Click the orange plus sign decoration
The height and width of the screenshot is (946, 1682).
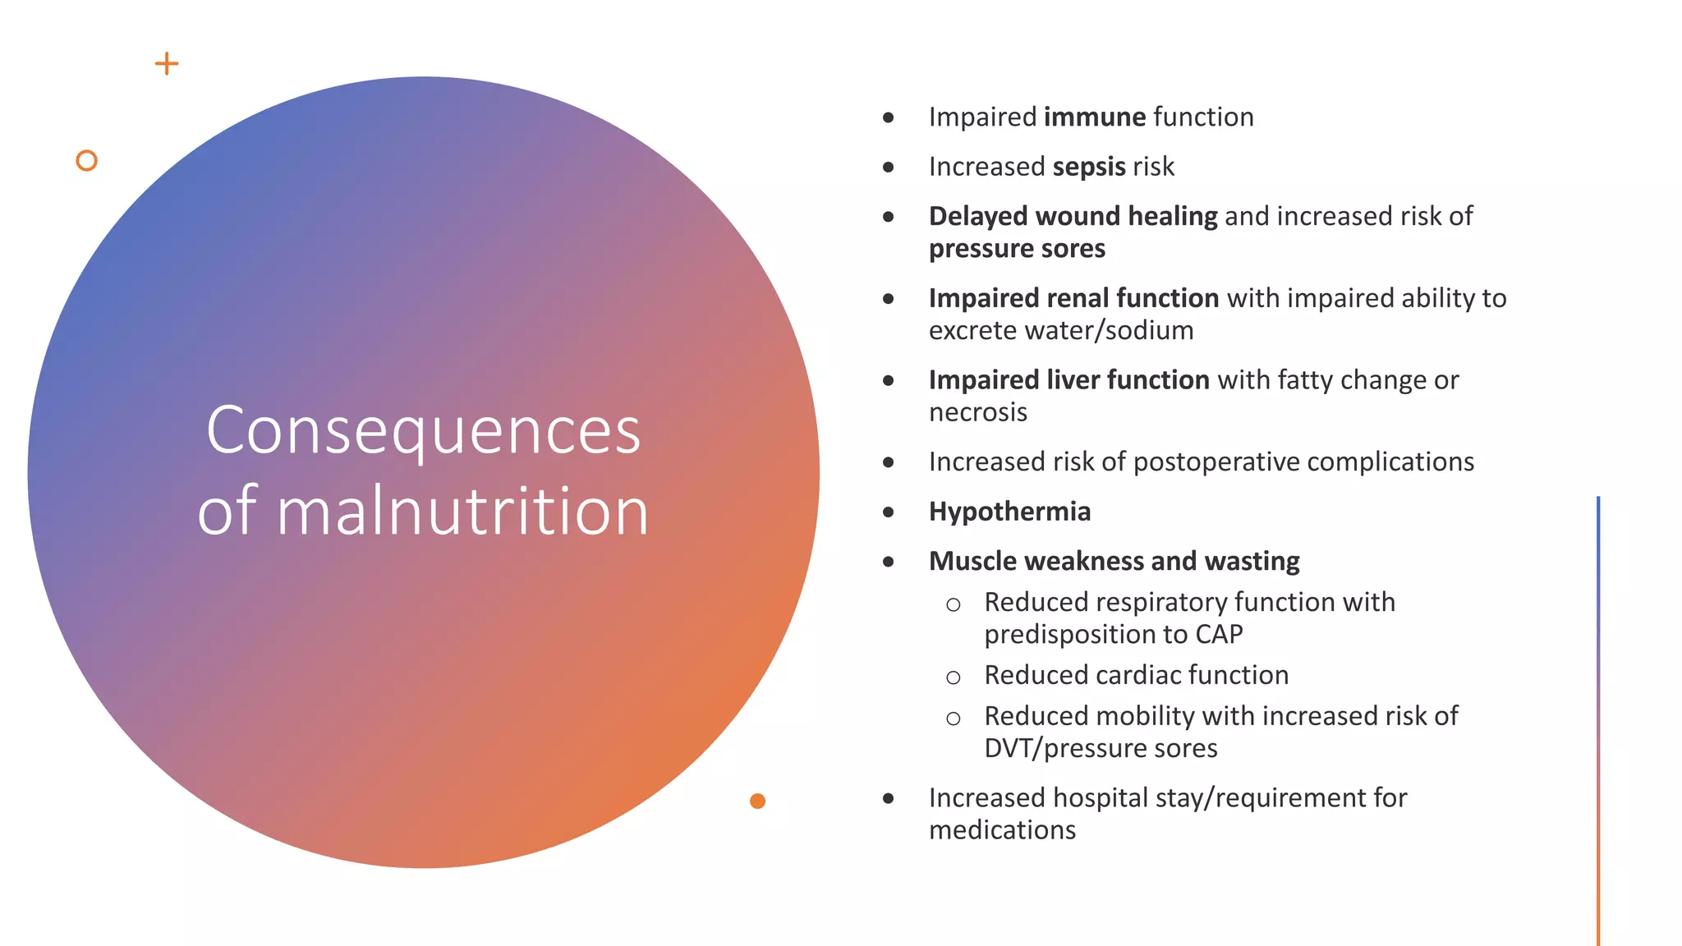pyautogui.click(x=167, y=64)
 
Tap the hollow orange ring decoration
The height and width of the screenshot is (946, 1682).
pyautogui.click(x=86, y=161)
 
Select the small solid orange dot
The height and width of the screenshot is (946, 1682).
pyautogui.click(x=757, y=801)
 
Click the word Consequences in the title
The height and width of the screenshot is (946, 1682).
pyautogui.click(x=423, y=430)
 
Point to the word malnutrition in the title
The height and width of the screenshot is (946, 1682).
pyautogui.click(x=462, y=512)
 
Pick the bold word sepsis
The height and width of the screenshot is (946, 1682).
pyautogui.click(x=1088, y=167)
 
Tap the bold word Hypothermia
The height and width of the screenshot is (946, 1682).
pyautogui.click(x=1009, y=512)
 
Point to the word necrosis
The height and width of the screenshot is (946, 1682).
pyautogui.click(x=977, y=412)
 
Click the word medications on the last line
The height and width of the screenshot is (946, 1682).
pyautogui.click(x=1002, y=830)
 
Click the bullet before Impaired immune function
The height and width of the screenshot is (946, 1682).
pyautogui.click(x=888, y=118)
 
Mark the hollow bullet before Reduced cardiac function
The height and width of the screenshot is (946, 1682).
pyautogui.click(x=953, y=677)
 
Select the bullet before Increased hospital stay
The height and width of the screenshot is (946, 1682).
pyautogui.click(x=888, y=798)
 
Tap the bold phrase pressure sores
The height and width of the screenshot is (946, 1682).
pyautogui.click(x=1017, y=249)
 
